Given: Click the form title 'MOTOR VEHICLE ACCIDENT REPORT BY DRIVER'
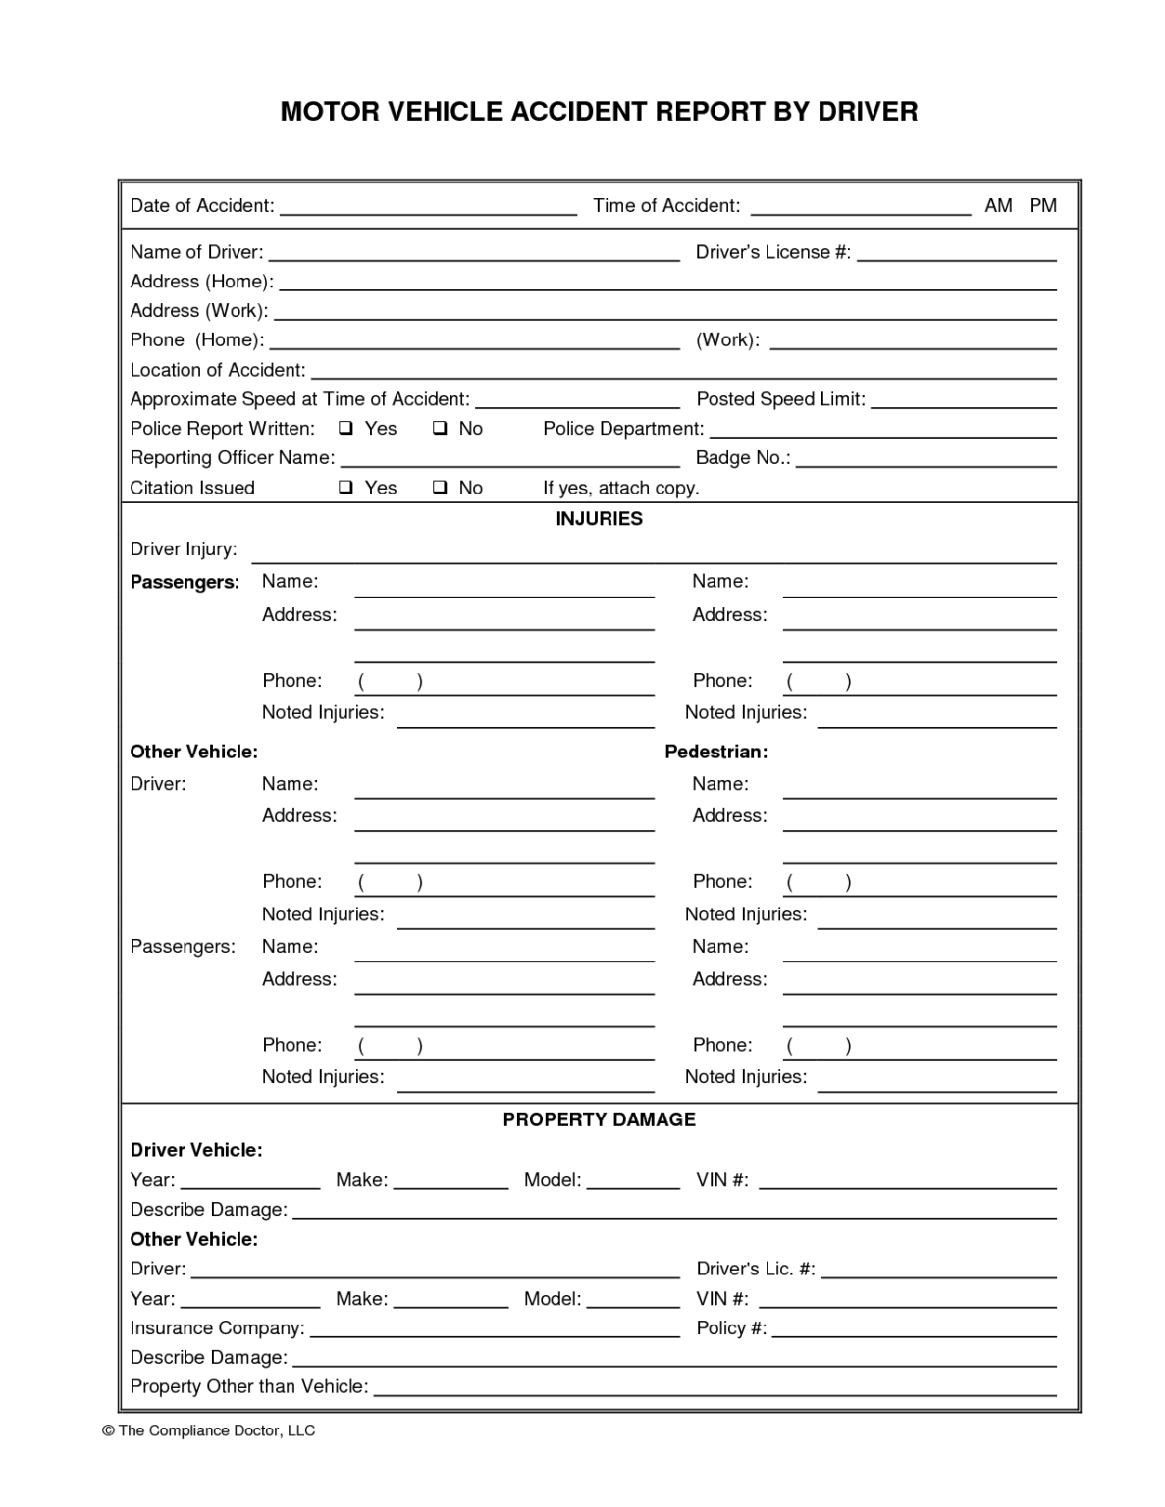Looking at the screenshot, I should pos(599,112).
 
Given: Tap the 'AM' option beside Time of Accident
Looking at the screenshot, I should pos(998,206).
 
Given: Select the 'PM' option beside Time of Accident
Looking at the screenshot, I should pos(1042,206).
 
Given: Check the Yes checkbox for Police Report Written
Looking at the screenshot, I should pos(346,429).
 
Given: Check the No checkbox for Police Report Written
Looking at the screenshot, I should pos(441,429).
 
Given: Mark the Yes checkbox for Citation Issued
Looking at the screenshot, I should pos(346,488).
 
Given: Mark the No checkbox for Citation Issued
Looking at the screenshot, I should pos(441,488).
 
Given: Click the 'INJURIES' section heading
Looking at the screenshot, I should pos(599,519).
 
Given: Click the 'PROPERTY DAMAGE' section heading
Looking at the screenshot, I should pos(599,1119).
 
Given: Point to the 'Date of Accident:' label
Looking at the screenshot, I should pos(202,206).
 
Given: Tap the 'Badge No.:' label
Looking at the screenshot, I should pos(743,458).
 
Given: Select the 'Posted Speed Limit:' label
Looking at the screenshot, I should pos(780,399).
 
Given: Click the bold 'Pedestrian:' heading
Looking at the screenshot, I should pos(715,752).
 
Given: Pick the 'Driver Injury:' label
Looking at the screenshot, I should pos(184,549).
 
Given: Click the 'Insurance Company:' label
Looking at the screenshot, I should pos(217,1328).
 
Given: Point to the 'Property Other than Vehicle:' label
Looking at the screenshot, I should pos(249,1387).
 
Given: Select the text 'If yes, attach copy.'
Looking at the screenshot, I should pos(620,489).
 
